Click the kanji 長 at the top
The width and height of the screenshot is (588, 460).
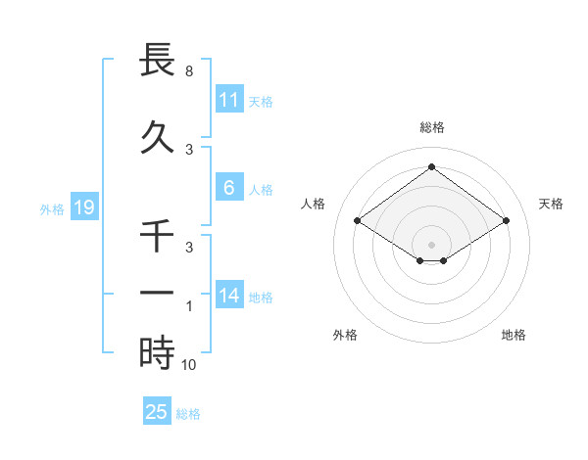point(158,62)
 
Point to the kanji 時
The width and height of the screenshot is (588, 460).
point(158,352)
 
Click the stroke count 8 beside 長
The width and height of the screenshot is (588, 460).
point(188,72)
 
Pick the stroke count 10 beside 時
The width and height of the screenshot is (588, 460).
point(190,364)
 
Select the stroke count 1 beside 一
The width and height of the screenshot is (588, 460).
point(188,306)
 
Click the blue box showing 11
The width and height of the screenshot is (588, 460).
point(228,99)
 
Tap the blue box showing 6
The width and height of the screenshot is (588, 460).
point(228,188)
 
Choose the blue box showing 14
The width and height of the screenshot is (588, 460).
point(228,296)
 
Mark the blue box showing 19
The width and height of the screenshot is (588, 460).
point(83,207)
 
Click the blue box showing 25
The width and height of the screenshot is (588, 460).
point(157,412)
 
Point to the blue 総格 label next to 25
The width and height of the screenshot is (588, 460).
point(188,414)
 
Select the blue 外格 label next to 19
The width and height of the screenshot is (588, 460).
point(52,208)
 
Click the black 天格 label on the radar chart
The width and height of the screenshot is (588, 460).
point(551,204)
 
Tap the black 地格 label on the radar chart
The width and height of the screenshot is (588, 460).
point(514,335)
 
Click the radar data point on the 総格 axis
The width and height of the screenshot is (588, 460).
point(431,166)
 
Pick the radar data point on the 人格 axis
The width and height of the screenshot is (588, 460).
point(358,221)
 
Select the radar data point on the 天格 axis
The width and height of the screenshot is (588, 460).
point(506,221)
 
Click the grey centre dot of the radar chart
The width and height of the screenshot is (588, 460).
point(431,245)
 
